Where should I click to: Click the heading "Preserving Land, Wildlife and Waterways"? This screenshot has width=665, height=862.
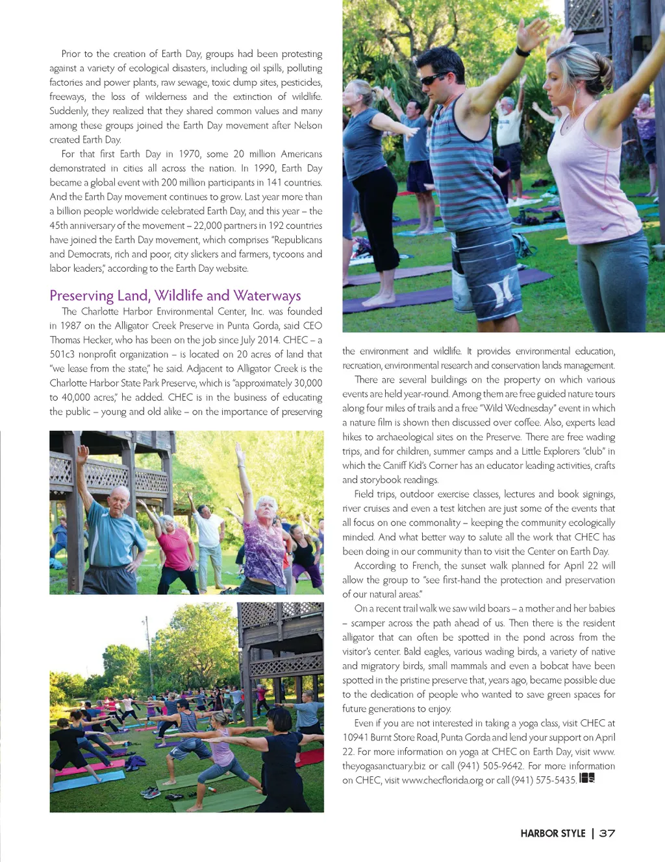pos(175,296)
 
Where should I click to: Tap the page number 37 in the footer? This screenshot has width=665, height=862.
pos(607,833)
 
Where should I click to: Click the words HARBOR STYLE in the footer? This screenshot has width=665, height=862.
pos(553,833)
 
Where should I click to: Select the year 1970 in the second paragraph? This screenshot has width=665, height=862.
pos(190,154)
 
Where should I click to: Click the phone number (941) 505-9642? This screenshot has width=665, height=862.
pos(490,766)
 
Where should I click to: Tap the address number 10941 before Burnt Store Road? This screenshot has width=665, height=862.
pos(358,737)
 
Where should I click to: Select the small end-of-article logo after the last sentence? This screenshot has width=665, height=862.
pos(587,778)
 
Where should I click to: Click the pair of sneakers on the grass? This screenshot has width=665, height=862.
pos(150,792)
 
